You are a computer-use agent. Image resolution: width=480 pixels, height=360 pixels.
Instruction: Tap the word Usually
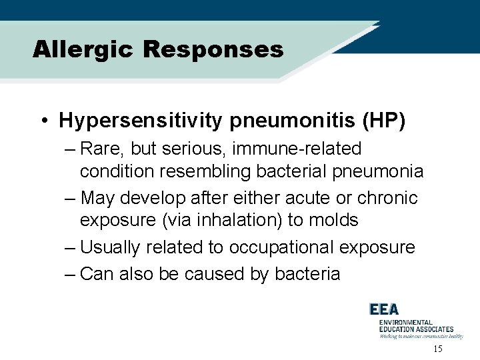[x=110, y=247]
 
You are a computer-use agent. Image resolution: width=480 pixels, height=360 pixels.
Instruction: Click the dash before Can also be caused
[x=71, y=273]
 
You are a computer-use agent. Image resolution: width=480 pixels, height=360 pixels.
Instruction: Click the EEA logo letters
[x=384, y=309]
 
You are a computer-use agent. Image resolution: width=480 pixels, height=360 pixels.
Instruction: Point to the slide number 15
[x=437, y=349]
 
